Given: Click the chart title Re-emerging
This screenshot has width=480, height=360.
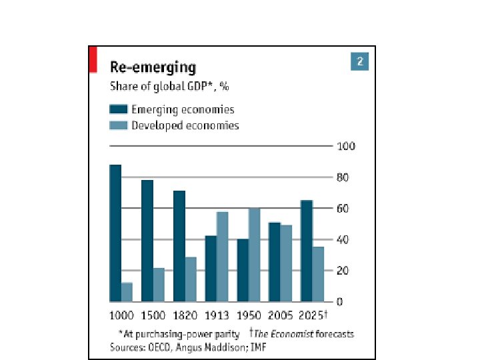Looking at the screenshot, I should point(153,67).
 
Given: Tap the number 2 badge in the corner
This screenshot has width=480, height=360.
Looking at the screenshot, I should point(359,62).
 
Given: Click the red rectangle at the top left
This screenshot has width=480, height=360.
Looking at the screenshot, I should point(93,59).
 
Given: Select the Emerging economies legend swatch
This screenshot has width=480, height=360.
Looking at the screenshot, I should point(119,110).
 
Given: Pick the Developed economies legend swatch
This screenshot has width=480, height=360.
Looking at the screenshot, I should point(119,125).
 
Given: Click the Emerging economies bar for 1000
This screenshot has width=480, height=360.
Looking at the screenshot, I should point(115,233).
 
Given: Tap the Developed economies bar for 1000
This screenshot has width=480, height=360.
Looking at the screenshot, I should point(127,292).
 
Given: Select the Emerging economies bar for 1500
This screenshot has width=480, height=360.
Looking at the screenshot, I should point(147,241).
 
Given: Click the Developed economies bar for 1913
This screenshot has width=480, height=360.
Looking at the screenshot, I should point(222,257).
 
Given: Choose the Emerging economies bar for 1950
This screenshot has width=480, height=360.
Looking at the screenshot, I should point(243,270).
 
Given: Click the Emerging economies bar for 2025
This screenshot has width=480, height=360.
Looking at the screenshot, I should point(306,251).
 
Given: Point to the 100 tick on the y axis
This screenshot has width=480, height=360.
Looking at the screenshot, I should point(347,146).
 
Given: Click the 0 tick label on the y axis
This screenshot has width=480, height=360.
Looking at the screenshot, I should point(341,302).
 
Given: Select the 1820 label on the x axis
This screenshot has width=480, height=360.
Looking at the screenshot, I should point(185,315).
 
